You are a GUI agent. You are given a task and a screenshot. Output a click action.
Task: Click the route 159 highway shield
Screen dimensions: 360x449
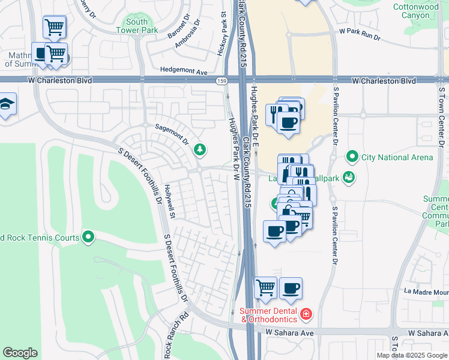(221, 80)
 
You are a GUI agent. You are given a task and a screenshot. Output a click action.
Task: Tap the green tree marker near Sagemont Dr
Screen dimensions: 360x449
(200, 150)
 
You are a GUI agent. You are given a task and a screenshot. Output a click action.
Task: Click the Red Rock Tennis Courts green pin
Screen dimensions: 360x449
(89, 238)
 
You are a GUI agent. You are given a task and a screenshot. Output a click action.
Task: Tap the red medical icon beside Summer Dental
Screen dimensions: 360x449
(306, 314)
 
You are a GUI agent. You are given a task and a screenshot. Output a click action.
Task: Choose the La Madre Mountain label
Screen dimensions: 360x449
(426, 292)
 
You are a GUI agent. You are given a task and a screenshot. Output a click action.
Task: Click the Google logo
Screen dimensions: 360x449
(20, 353)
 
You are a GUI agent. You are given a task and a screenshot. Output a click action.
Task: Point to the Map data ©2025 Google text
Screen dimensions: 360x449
(412, 355)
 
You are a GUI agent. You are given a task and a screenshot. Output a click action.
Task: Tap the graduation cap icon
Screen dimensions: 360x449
(6, 104)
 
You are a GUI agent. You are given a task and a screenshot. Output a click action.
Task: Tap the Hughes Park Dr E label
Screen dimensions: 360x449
(256, 114)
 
